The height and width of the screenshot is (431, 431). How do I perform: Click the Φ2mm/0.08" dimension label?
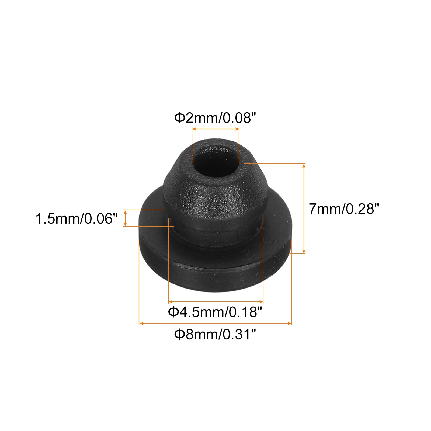click(215, 118)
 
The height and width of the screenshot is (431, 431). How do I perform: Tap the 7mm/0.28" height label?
click(344, 209)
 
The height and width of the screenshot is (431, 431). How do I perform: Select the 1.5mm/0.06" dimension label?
click(77, 218)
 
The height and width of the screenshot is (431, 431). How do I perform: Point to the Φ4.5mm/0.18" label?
click(215, 312)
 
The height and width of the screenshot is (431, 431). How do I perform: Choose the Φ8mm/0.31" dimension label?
click(215, 334)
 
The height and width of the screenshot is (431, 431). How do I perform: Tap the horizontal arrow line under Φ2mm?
click(215, 129)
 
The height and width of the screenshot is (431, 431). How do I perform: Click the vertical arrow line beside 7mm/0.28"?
click(304, 208)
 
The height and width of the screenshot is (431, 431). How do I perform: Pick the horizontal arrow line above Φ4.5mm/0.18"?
click(215, 302)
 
